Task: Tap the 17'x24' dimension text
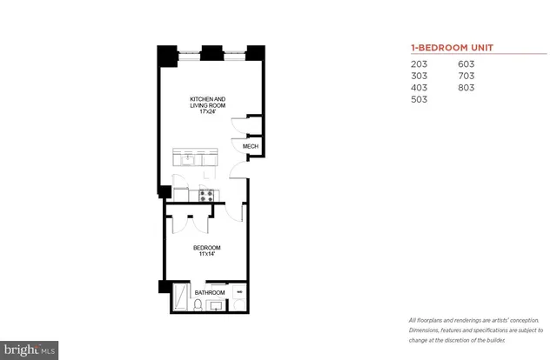208,112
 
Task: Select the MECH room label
250,147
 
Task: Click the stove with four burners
207,196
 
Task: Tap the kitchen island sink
186,158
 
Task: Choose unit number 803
468,88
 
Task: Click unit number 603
468,64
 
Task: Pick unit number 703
468,76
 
